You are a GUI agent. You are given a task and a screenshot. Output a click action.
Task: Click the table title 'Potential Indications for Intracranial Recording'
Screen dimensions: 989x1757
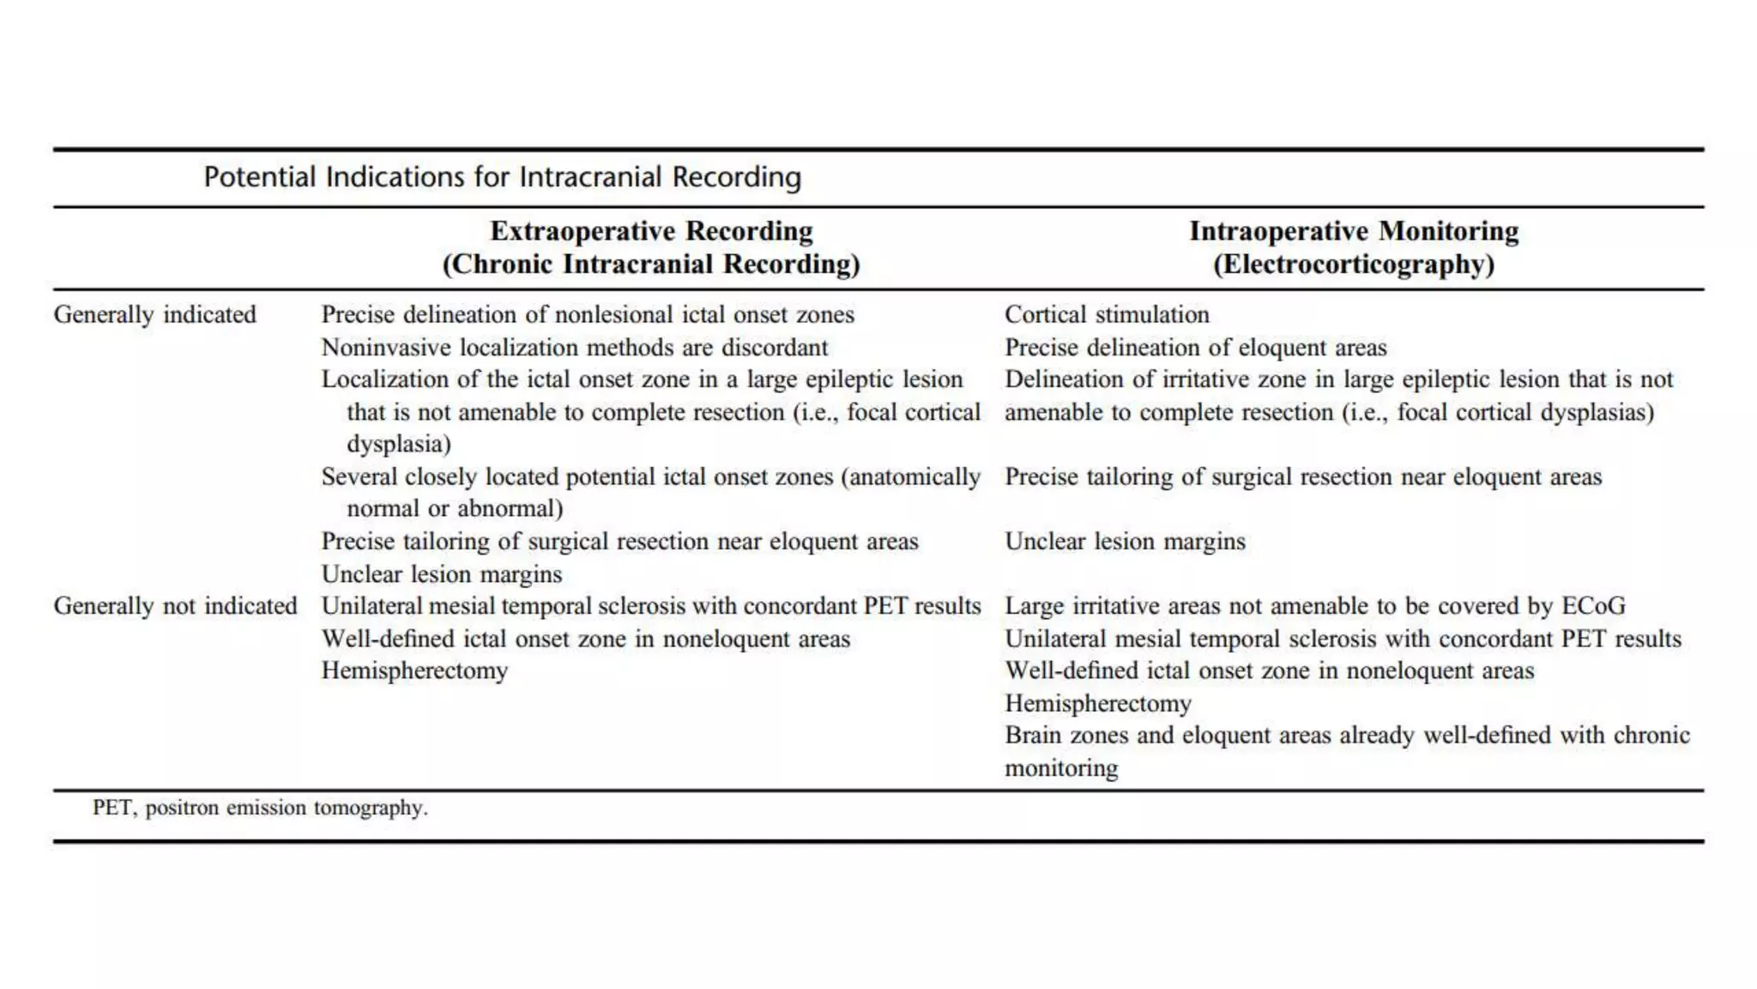pyautogui.click(x=502, y=177)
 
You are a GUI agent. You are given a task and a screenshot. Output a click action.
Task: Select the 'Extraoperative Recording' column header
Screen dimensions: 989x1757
pyautogui.click(x=651, y=231)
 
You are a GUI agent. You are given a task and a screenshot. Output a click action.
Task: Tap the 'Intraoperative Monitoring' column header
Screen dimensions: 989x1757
pyautogui.click(x=1353, y=231)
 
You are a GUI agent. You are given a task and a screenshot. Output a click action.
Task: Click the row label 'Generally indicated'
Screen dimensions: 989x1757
pyautogui.click(x=154, y=314)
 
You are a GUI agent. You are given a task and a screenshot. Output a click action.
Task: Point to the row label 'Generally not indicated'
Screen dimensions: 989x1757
pyautogui.click(x=175, y=606)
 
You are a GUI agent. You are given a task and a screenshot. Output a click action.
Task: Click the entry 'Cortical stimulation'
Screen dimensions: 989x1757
pyautogui.click(x=1107, y=314)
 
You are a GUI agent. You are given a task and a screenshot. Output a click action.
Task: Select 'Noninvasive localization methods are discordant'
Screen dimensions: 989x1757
pyautogui.click(x=574, y=348)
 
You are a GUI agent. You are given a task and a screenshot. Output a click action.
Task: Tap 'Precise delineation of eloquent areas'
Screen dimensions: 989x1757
pyautogui.click(x=1195, y=348)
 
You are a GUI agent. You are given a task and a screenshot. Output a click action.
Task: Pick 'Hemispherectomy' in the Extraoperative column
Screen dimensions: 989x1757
pyautogui.click(x=414, y=670)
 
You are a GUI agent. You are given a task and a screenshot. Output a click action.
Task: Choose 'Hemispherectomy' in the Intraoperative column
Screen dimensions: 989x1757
pyautogui.click(x=1097, y=704)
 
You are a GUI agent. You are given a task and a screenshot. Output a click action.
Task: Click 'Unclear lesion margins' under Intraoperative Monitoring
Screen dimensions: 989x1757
pyautogui.click(x=1125, y=542)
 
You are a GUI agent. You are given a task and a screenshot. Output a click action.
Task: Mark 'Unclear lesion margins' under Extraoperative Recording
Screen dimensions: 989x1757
pyautogui.click(x=441, y=574)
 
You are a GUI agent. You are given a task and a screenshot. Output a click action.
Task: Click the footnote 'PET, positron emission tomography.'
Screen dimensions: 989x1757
pyautogui.click(x=260, y=808)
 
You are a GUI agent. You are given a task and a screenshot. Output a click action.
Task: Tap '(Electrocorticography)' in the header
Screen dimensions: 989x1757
pyautogui.click(x=1353, y=264)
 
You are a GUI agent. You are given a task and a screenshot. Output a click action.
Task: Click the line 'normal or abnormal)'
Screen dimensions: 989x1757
pyautogui.click(x=455, y=509)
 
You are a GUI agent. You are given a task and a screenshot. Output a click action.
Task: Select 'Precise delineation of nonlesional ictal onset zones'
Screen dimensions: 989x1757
pyautogui.click(x=588, y=314)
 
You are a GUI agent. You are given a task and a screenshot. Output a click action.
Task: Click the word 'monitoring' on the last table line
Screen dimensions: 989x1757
pyautogui.click(x=1061, y=768)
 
